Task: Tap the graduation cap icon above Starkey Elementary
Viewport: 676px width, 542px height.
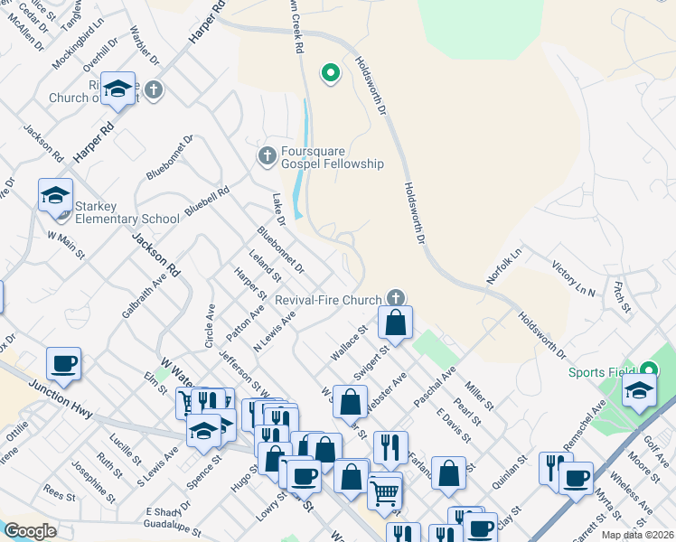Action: point(55,194)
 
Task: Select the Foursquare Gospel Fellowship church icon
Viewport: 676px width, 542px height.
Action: point(267,156)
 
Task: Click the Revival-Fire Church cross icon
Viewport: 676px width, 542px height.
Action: point(395,297)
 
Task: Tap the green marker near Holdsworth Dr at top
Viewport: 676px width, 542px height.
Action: point(331,73)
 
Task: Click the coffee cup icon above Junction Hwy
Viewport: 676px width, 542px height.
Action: point(63,363)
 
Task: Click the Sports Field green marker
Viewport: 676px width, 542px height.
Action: point(650,369)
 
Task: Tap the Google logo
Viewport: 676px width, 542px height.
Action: point(30,531)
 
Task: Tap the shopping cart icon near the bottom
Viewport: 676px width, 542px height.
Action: point(385,492)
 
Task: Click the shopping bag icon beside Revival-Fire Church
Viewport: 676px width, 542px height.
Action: point(396,322)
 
